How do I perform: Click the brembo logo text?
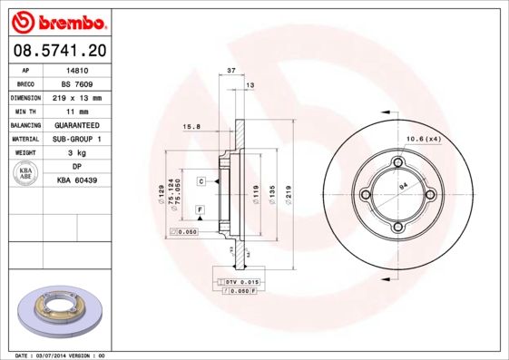click(x=56, y=20)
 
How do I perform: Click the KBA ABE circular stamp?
click(x=26, y=174)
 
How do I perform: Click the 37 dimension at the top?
click(x=231, y=70)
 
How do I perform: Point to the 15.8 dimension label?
click(x=191, y=126)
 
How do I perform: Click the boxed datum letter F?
click(x=198, y=209)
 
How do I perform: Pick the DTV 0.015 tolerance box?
click(x=237, y=283)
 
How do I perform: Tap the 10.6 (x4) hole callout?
click(x=423, y=138)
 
